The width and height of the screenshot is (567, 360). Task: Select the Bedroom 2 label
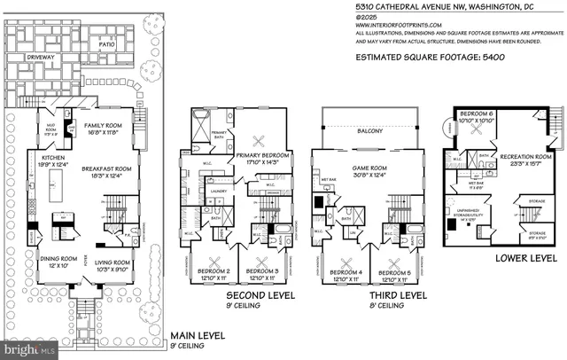(x=214, y=271)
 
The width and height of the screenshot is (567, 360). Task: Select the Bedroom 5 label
(x=393, y=272)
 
